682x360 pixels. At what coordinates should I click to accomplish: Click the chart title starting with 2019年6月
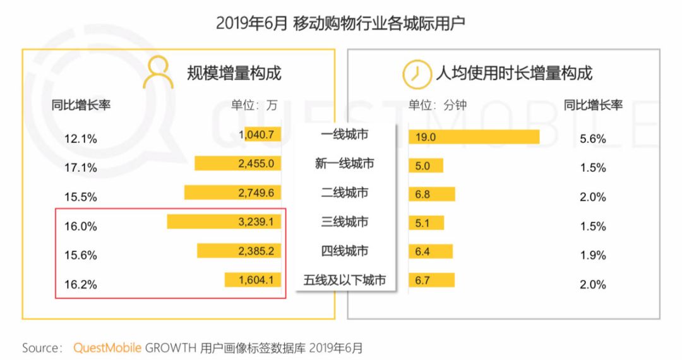(x=340, y=23)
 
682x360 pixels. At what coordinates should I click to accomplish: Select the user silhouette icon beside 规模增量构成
(x=158, y=73)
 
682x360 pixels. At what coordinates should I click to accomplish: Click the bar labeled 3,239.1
(x=224, y=222)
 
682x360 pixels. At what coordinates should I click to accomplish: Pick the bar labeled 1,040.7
(x=260, y=134)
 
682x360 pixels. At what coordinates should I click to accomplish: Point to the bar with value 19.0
(x=474, y=137)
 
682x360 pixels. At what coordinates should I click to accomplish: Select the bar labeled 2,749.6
(x=232, y=193)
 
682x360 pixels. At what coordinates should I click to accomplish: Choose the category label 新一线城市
(x=345, y=164)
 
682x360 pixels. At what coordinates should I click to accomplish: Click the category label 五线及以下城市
(x=345, y=280)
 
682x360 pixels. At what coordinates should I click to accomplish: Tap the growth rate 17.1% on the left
(x=81, y=168)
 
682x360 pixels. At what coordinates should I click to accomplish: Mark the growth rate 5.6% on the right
(x=592, y=139)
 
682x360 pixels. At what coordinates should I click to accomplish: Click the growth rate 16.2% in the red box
(x=81, y=285)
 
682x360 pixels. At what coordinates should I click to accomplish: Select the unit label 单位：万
(x=254, y=105)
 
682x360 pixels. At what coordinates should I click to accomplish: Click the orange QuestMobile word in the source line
(x=107, y=348)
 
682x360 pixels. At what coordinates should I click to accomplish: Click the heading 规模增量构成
(x=234, y=73)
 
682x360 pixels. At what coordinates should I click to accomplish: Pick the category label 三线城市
(x=345, y=222)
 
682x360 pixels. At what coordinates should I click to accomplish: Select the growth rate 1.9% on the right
(x=592, y=255)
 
